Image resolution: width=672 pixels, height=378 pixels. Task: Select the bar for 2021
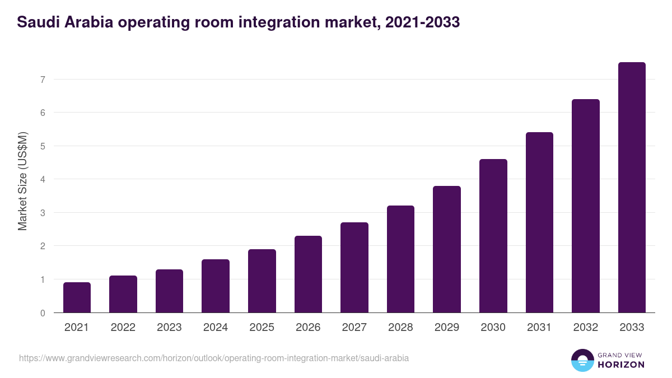click(x=77, y=297)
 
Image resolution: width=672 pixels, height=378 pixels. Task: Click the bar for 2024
click(x=216, y=286)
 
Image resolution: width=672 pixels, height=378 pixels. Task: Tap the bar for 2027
click(x=354, y=267)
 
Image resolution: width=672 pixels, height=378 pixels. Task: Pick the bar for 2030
click(x=493, y=236)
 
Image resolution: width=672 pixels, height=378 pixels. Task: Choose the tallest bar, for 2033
click(x=632, y=187)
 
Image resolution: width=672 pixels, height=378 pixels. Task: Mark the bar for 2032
click(x=585, y=206)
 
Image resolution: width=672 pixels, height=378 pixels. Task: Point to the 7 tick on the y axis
click(x=42, y=80)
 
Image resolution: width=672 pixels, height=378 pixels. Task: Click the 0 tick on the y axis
click(x=42, y=313)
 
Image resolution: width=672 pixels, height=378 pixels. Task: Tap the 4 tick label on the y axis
click(x=42, y=180)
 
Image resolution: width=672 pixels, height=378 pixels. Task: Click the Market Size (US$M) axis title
click(x=22, y=181)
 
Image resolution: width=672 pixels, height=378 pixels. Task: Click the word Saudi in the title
click(x=38, y=22)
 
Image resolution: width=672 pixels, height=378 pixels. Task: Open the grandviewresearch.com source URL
click(x=213, y=358)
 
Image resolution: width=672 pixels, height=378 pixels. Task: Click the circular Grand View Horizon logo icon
click(x=582, y=360)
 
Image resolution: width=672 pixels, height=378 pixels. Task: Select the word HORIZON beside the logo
click(x=621, y=365)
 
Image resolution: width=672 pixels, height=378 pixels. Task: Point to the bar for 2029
click(x=447, y=249)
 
